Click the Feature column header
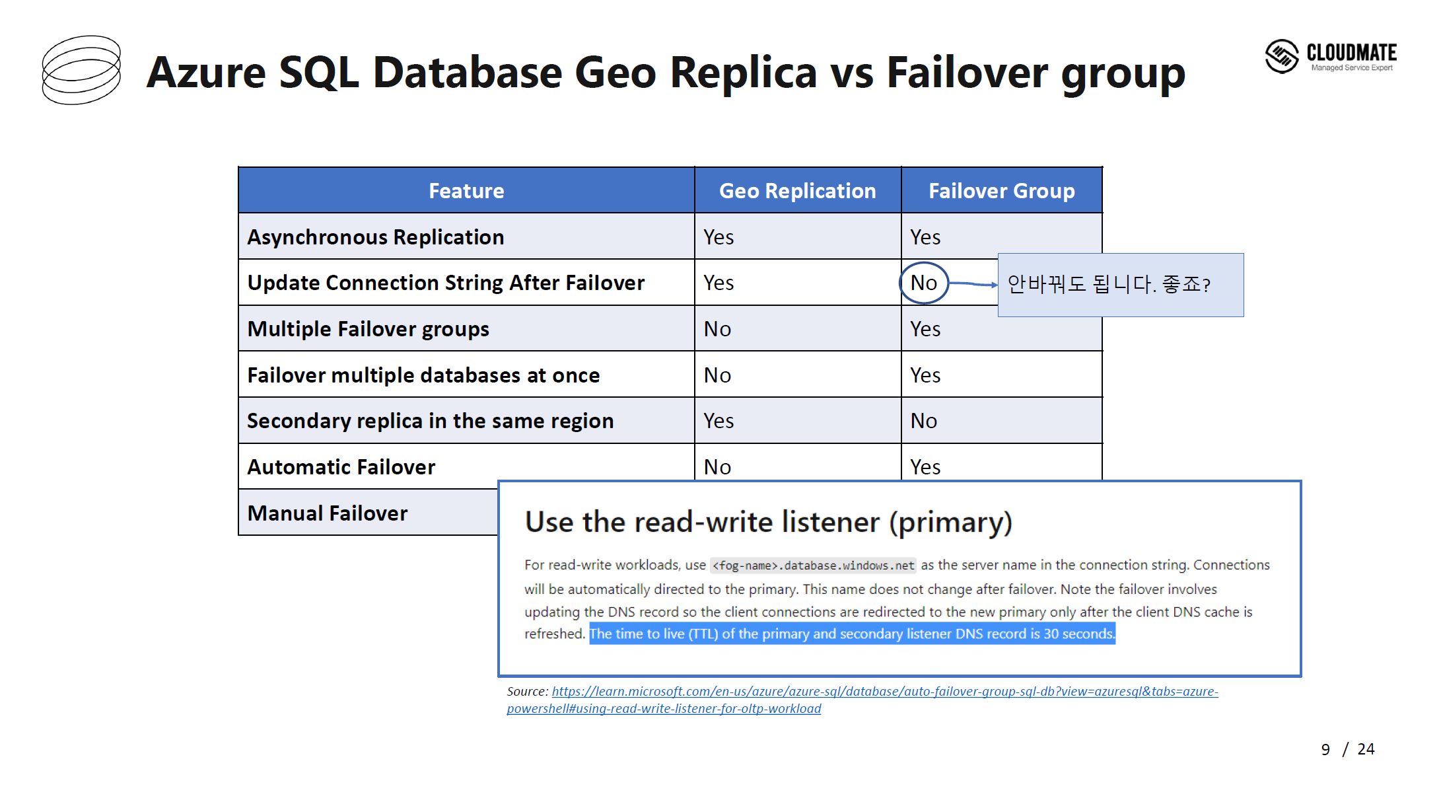point(466,191)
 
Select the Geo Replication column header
point(797,191)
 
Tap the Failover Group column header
point(1001,191)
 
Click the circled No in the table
point(924,283)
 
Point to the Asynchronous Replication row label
point(375,237)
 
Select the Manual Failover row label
point(328,513)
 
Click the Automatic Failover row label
point(341,467)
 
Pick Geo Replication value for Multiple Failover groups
point(717,329)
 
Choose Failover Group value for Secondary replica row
point(923,421)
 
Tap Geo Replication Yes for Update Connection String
point(719,283)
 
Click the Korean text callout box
point(1121,285)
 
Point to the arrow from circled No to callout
point(973,284)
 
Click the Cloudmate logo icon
point(1282,56)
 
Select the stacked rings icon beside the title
point(82,70)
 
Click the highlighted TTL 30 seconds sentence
point(852,634)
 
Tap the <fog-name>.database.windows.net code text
point(813,566)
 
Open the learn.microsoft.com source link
point(862,700)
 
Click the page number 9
point(1325,749)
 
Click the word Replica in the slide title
point(743,72)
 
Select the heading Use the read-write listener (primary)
point(769,522)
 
